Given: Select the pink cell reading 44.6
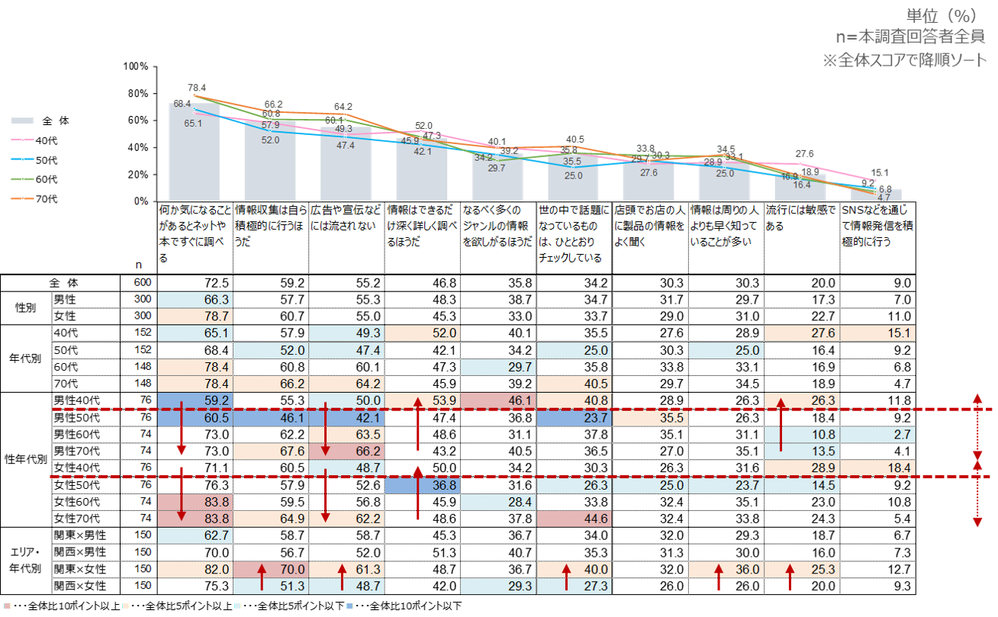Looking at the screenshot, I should (574, 519).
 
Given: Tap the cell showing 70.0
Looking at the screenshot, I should (270, 569).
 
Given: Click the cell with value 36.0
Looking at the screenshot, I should (726, 569).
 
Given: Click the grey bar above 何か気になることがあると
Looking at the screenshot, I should (195, 153).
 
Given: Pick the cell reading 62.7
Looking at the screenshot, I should (195, 535).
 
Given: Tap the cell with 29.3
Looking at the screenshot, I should (498, 586).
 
